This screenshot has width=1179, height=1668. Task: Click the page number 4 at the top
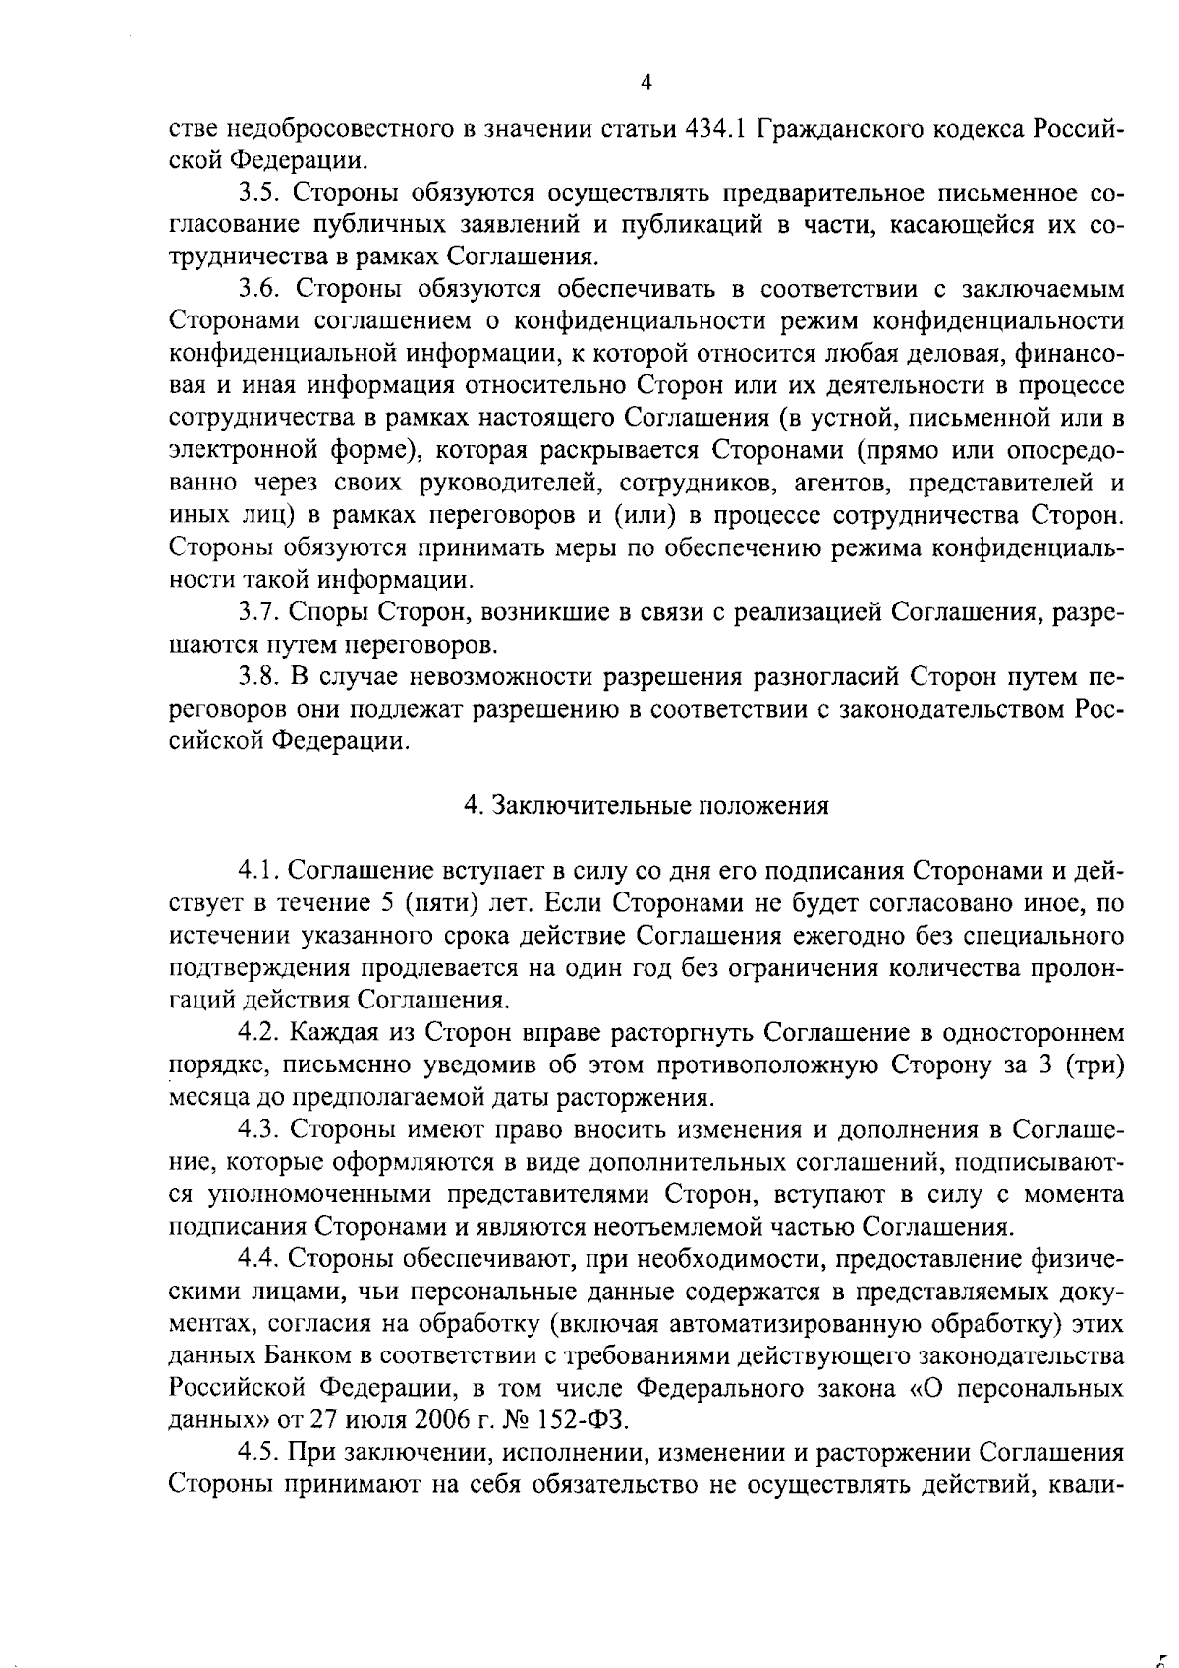click(646, 83)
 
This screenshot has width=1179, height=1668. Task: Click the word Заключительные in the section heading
click(589, 806)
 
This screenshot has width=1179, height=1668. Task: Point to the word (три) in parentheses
click(1094, 1064)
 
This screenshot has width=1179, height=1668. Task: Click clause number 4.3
click(258, 1129)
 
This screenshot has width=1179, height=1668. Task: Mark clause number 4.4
click(258, 1258)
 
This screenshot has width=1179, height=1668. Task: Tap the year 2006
click(457, 1420)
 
